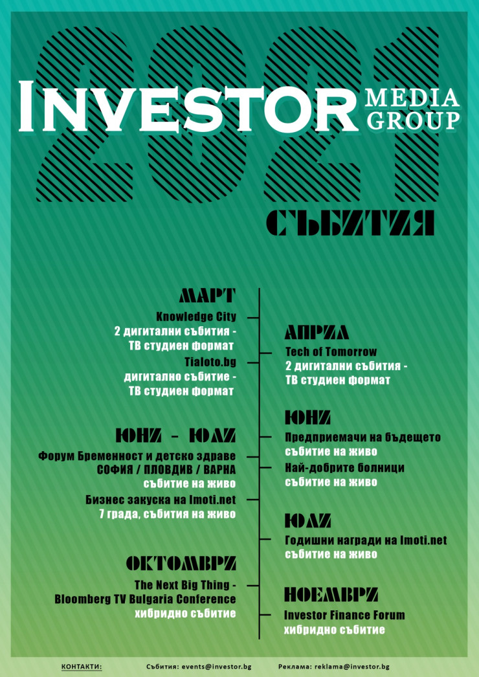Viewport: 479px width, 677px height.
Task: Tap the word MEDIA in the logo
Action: pyautogui.click(x=412, y=98)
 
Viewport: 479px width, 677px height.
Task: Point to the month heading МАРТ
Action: pyautogui.click(x=208, y=296)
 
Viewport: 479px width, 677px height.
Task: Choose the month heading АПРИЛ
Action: pyautogui.click(x=317, y=333)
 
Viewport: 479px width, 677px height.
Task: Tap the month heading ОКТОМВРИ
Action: pyautogui.click(x=181, y=563)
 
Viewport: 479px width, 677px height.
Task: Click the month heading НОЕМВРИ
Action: pyautogui.click(x=331, y=595)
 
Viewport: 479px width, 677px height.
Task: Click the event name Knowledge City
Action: pyautogui.click(x=196, y=317)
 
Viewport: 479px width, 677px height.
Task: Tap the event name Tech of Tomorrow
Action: pyautogui.click(x=331, y=351)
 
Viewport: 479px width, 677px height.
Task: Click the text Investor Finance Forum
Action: pyautogui.click(x=344, y=615)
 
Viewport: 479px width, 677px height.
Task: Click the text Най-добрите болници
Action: pyautogui.click(x=344, y=468)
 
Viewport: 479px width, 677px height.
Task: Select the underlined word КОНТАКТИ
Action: pyautogui.click(x=82, y=667)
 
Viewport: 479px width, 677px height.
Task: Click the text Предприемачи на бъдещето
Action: pyautogui.click(x=363, y=438)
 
